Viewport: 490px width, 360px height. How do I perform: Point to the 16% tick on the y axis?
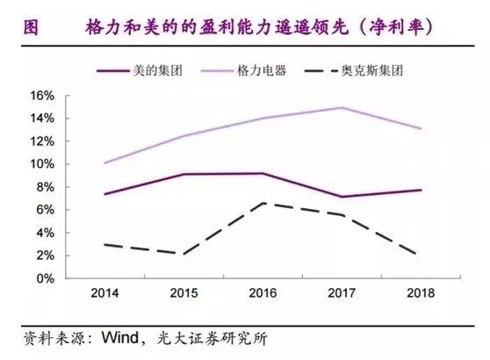pyautogui.click(x=44, y=95)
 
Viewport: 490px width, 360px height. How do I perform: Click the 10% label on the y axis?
pyautogui.click(x=44, y=164)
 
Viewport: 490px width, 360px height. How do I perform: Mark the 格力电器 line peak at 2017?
pyautogui.click(x=340, y=108)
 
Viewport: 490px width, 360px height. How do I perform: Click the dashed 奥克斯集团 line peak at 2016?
pyautogui.click(x=261, y=203)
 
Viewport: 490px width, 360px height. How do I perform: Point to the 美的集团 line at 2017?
pyautogui.click(x=340, y=197)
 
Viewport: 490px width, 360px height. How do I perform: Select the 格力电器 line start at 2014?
pyautogui.click(x=104, y=163)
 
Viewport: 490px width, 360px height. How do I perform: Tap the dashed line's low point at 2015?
pyautogui.click(x=183, y=254)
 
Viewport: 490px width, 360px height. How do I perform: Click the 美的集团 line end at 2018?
pyautogui.click(x=418, y=190)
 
